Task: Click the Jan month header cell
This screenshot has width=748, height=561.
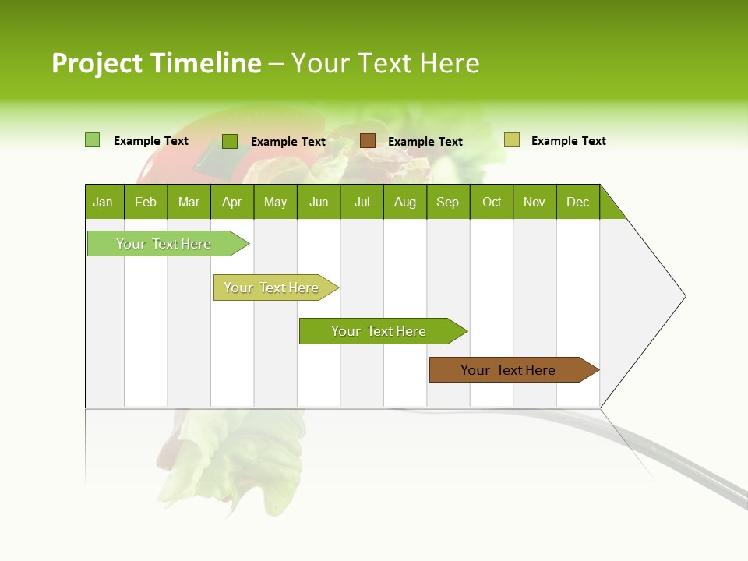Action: pyautogui.click(x=104, y=202)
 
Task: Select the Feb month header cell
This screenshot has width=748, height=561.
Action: pyautogui.click(x=146, y=202)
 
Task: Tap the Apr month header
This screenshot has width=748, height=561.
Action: pyautogui.click(x=232, y=202)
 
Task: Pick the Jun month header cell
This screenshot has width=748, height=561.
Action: pyautogui.click(x=319, y=202)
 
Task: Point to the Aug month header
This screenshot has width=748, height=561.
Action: pyautogui.click(x=405, y=202)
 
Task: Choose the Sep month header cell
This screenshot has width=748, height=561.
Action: pyautogui.click(x=448, y=202)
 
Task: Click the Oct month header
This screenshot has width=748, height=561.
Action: pyautogui.click(x=492, y=202)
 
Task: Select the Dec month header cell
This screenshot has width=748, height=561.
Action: pyautogui.click(x=578, y=202)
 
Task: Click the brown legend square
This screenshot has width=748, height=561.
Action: pyautogui.click(x=368, y=141)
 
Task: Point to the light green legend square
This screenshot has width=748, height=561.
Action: pyautogui.click(x=93, y=140)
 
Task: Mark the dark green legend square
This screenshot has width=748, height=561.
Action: pyautogui.click(x=230, y=141)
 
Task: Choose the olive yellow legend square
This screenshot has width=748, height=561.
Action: pyautogui.click(x=512, y=140)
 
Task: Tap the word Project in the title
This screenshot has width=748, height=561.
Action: pyautogui.click(x=97, y=63)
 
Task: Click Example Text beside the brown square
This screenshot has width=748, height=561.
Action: pyautogui.click(x=425, y=142)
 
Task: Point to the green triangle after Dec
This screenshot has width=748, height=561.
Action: pyautogui.click(x=609, y=208)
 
